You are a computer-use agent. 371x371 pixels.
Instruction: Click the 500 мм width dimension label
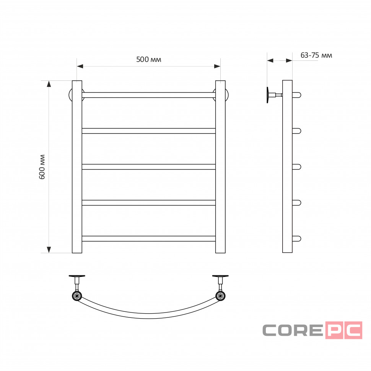(x=148, y=59)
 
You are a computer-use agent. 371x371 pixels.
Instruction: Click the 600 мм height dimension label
(x=42, y=167)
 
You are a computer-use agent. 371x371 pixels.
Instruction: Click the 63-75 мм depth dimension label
(x=316, y=55)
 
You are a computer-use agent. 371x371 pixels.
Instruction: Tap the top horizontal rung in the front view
(x=148, y=95)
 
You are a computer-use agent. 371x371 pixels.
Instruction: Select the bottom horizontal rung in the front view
(x=148, y=239)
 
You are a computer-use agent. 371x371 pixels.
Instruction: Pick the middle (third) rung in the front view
(x=148, y=167)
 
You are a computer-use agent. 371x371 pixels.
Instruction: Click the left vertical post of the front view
(x=77, y=167)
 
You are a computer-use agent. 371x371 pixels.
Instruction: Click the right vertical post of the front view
(x=220, y=167)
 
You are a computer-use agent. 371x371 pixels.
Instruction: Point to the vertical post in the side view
(x=287, y=166)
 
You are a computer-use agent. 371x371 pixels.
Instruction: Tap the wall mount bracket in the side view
(x=274, y=95)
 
